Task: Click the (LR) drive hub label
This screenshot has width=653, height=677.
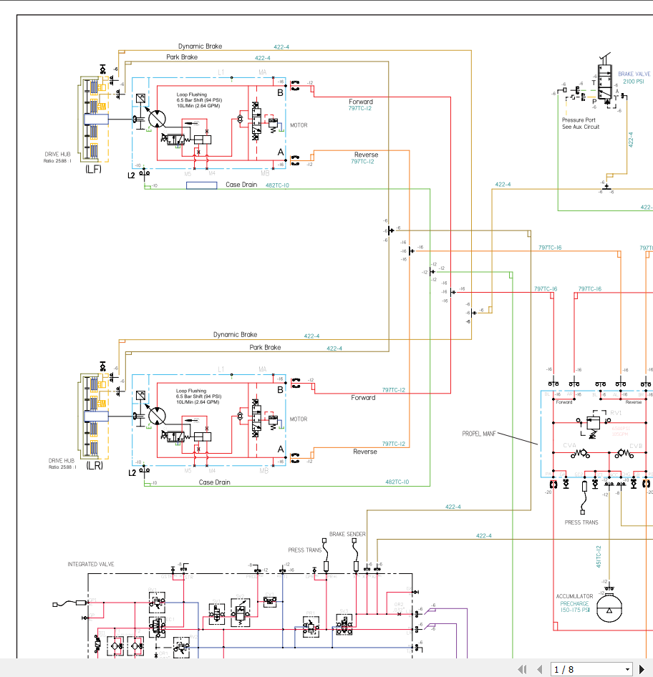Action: click(x=95, y=465)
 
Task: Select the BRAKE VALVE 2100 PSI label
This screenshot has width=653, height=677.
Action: click(x=634, y=77)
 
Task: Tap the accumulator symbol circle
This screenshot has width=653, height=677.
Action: click(x=609, y=610)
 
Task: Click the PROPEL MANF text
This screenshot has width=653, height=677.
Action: click(x=479, y=434)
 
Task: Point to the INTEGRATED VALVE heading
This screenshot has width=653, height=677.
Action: click(x=91, y=564)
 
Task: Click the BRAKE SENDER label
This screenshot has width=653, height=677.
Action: click(x=347, y=534)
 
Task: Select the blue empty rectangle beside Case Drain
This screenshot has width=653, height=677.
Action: click(x=201, y=185)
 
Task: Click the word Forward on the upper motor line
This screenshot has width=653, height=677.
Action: click(x=361, y=102)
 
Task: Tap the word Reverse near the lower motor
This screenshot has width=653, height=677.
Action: click(x=364, y=452)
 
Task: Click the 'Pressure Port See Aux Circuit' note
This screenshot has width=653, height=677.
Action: click(x=580, y=123)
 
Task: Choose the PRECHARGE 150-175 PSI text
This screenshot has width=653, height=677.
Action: click(x=574, y=607)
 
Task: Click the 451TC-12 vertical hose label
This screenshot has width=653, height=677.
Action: click(x=599, y=557)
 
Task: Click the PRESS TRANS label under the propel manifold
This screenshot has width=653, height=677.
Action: click(x=581, y=522)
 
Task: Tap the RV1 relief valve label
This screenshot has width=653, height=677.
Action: click(x=616, y=414)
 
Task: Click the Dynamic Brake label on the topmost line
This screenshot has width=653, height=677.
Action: click(x=200, y=47)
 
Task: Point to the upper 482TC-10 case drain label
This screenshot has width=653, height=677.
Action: click(x=277, y=185)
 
